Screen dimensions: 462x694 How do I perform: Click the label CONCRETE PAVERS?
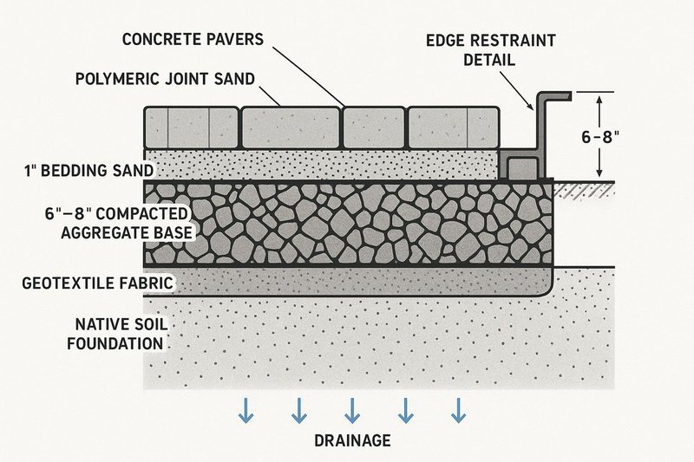tap(193, 40)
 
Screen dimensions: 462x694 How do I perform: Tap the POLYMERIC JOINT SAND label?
tap(165, 79)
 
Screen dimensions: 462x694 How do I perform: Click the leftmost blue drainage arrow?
tap(246, 411)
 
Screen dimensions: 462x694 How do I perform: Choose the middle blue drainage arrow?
tap(351, 411)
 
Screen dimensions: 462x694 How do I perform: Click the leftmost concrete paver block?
tap(190, 127)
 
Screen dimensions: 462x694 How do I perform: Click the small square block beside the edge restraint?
tap(520, 166)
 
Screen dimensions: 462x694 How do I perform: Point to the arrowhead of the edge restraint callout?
tap(532, 109)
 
